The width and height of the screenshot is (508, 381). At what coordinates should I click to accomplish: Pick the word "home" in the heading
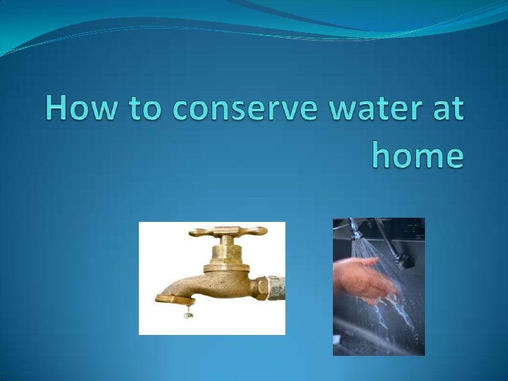point(417,156)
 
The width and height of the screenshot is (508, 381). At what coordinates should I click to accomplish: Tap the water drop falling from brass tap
point(188,315)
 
